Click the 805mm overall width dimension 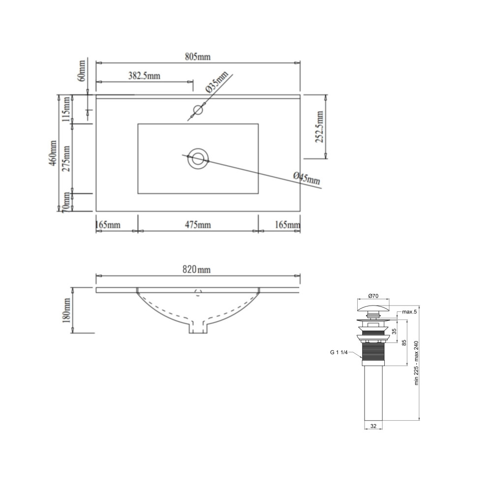click(x=198, y=57)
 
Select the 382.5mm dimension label click(x=144, y=76)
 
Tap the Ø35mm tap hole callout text click(x=217, y=82)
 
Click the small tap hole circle click(x=198, y=110)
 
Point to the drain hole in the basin click(x=198, y=158)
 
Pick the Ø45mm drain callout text click(x=307, y=178)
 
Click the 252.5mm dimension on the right click(x=319, y=127)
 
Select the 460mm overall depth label click(x=53, y=153)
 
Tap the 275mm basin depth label click(x=66, y=158)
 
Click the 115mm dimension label click(x=66, y=109)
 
